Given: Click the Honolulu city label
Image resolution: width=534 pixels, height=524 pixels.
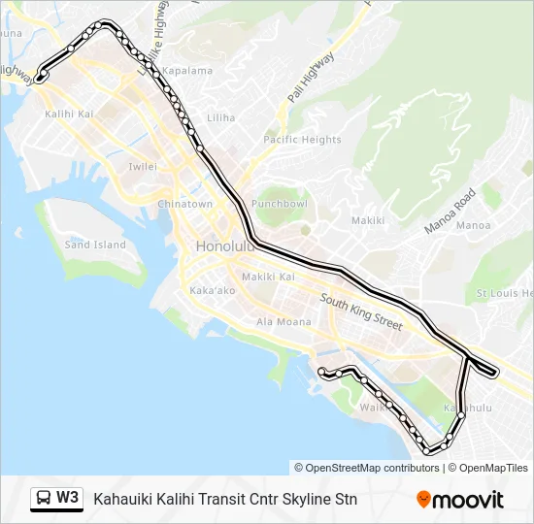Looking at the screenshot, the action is [x=224, y=246].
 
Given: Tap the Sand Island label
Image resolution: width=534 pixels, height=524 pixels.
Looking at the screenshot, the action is [x=95, y=245].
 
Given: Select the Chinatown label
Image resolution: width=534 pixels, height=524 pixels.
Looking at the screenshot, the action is [x=184, y=205].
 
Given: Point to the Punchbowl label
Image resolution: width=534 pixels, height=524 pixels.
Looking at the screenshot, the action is [x=279, y=205].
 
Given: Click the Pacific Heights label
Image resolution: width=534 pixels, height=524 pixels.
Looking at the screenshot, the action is [x=302, y=140].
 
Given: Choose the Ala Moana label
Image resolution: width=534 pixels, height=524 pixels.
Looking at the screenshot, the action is [x=284, y=322].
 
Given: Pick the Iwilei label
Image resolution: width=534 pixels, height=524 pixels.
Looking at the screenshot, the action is [x=143, y=167].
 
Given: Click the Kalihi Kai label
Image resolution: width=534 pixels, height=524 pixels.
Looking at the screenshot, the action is [x=69, y=115].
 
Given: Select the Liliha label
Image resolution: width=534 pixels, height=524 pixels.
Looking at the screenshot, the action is [x=220, y=118].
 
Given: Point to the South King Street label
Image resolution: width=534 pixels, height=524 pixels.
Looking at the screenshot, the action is [x=360, y=313].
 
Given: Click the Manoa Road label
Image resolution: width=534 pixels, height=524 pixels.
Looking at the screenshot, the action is [x=450, y=211].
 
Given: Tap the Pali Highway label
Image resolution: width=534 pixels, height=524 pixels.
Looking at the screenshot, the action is [x=311, y=78].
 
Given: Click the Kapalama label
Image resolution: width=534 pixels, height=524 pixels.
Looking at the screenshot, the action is [x=187, y=71].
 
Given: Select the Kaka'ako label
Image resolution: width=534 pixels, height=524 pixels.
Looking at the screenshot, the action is [x=213, y=291].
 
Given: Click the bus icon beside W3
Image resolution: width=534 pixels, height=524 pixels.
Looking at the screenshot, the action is [x=43, y=499].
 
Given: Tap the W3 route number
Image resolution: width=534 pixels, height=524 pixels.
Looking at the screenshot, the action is [x=68, y=499].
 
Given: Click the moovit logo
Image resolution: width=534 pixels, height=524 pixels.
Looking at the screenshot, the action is [x=460, y=500].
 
